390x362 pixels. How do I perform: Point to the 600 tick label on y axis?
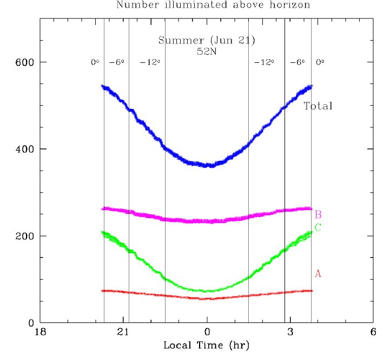tap(21, 62)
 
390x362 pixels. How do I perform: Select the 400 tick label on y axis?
tap(21, 149)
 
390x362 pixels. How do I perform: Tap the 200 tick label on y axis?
tap(21, 236)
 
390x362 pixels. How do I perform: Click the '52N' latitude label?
tap(206, 52)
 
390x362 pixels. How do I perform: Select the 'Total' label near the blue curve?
tap(318, 106)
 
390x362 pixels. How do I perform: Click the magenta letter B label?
tap(318, 215)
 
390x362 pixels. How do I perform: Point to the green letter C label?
tap(318, 228)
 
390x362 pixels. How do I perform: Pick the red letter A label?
tap(318, 274)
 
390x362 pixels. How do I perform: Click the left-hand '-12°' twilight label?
tap(150, 62)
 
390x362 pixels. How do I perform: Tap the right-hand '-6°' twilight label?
tap(298, 62)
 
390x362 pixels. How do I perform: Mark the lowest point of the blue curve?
tap(208, 165)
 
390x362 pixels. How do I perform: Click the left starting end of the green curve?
tap(103, 232)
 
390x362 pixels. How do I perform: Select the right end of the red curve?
tap(312, 291)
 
